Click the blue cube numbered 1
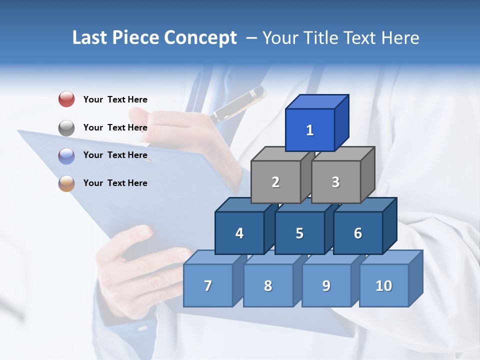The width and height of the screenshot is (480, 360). click(x=310, y=130)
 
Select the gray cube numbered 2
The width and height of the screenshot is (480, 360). click(x=275, y=182)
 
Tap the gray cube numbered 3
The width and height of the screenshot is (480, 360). click(x=335, y=182)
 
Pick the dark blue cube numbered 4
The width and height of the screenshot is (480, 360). click(x=239, y=233)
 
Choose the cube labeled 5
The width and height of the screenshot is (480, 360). click(x=299, y=233)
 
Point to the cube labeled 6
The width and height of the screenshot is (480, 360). click(x=357, y=233)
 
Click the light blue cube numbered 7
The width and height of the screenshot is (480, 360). click(x=208, y=285)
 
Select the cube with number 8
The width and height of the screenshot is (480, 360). click(x=268, y=285)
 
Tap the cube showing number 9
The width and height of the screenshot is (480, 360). click(x=326, y=285)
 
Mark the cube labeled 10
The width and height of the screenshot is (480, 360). click(x=383, y=285)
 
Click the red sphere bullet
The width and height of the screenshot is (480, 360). click(x=66, y=99)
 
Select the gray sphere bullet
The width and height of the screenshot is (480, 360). click(x=66, y=127)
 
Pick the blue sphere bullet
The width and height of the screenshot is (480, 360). click(x=66, y=155)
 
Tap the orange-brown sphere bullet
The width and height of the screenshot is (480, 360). click(x=66, y=183)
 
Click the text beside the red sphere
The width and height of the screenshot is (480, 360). click(x=115, y=99)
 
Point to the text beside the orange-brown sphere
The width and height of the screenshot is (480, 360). click(x=115, y=183)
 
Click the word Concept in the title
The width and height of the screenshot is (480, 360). click(x=200, y=38)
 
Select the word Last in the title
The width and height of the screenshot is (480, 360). click(x=90, y=38)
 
